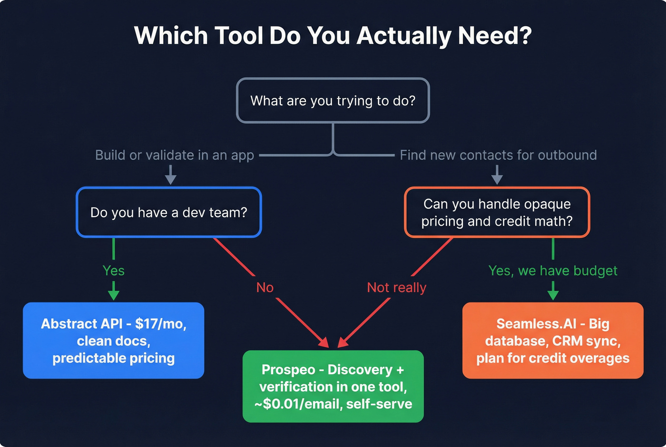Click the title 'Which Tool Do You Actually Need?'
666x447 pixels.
coord(333,36)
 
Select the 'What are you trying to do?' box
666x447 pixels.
coord(333,100)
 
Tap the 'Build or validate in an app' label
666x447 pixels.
coord(175,155)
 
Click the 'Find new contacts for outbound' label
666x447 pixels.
coord(498,155)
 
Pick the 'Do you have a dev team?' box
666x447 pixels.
coord(169,212)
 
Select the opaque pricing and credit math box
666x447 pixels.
coord(497,212)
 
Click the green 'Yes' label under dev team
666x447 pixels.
coord(114,270)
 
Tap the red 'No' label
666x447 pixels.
coord(265,288)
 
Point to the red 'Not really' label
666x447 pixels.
coord(396,288)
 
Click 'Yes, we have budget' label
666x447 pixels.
coord(552,270)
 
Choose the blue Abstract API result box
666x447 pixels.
coord(114,340)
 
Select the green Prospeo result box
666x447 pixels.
coord(333,386)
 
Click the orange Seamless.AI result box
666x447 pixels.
coord(553,340)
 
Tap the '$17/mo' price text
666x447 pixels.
coord(160,324)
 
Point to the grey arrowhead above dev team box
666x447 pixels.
coord(171,179)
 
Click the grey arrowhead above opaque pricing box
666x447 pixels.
coord(497,179)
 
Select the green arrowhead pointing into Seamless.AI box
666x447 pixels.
coord(553,294)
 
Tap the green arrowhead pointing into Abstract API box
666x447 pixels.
coord(114,294)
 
